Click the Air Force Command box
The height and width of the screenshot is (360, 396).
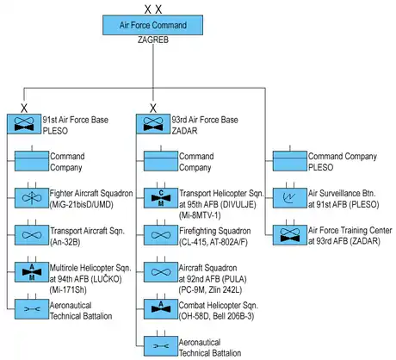pos(153,25)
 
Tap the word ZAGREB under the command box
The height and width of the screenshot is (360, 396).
pos(153,40)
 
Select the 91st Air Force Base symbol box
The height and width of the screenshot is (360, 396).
pos(24,124)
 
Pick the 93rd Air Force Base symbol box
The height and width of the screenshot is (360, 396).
pos(153,124)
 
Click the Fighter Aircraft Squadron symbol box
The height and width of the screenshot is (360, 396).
pos(32,198)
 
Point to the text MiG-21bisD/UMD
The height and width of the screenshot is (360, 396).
pos(82,205)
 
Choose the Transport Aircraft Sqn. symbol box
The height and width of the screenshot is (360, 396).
pos(32,235)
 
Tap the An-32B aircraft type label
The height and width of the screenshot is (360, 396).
pos(65,242)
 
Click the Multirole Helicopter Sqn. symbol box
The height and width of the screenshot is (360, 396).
pos(32,272)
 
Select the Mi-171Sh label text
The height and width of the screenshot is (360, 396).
pos(68,289)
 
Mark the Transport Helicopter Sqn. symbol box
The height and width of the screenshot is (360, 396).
pos(161,198)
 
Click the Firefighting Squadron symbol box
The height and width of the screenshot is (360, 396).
pos(161,235)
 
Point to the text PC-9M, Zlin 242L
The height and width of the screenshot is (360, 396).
pos(210,289)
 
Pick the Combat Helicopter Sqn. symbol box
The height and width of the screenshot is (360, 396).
pos(161,309)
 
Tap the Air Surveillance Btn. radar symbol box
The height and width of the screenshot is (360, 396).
pos(290,198)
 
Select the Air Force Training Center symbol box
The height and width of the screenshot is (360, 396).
pos(290,235)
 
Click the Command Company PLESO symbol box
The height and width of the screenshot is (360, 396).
pos(290,161)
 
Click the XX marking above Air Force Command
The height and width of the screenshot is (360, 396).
pos(153,9)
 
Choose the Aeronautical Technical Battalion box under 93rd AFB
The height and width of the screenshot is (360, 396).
pos(161,346)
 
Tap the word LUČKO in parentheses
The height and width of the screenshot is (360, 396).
pos(106,279)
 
